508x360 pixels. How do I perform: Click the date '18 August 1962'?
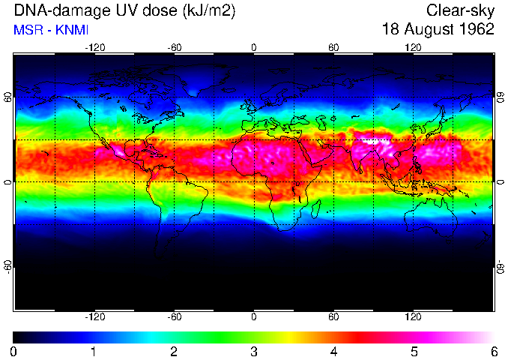(x=438, y=30)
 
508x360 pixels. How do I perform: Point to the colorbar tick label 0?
(x=14, y=351)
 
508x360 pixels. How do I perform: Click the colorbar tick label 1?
(x=94, y=351)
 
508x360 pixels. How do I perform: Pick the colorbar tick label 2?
(x=174, y=351)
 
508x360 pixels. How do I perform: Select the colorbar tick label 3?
(x=254, y=351)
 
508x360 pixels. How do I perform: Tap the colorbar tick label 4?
(x=334, y=351)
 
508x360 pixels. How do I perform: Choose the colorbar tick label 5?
(x=414, y=351)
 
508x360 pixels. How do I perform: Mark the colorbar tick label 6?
(x=493, y=351)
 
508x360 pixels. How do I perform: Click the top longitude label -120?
(x=94, y=47)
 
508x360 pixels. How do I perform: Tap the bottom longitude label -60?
(x=174, y=316)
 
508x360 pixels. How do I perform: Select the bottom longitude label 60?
(x=333, y=316)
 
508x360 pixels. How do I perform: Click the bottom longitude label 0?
(x=254, y=316)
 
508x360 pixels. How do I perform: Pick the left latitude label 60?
(x=8, y=97)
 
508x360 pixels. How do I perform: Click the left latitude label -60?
(x=8, y=265)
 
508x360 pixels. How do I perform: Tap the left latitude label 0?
(x=8, y=181)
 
